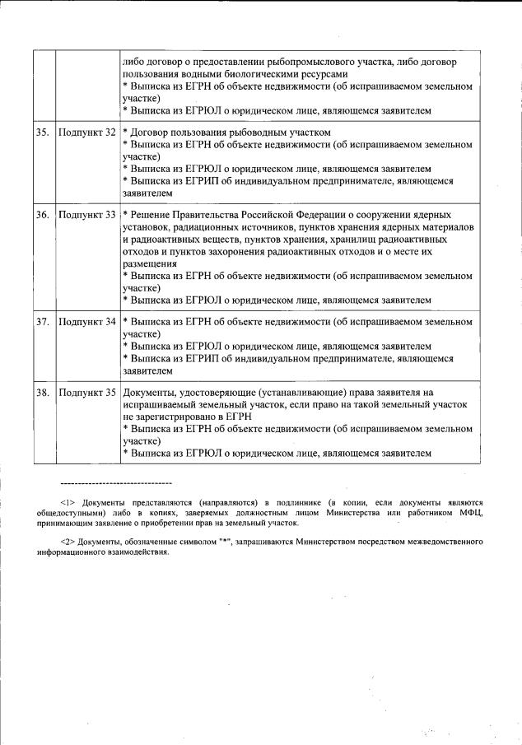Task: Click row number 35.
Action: click(43, 133)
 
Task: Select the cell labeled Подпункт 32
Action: click(86, 133)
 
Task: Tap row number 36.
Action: click(43, 215)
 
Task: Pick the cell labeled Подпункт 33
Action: click(86, 215)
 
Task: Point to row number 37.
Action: click(43, 322)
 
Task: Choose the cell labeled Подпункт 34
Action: click(86, 322)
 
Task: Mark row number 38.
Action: click(43, 393)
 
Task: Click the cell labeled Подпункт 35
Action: click(86, 393)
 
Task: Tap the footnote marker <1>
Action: click(68, 501)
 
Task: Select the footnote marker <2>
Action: click(68, 541)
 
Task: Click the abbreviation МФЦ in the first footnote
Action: click(471, 512)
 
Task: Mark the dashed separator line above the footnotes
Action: click(116, 482)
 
